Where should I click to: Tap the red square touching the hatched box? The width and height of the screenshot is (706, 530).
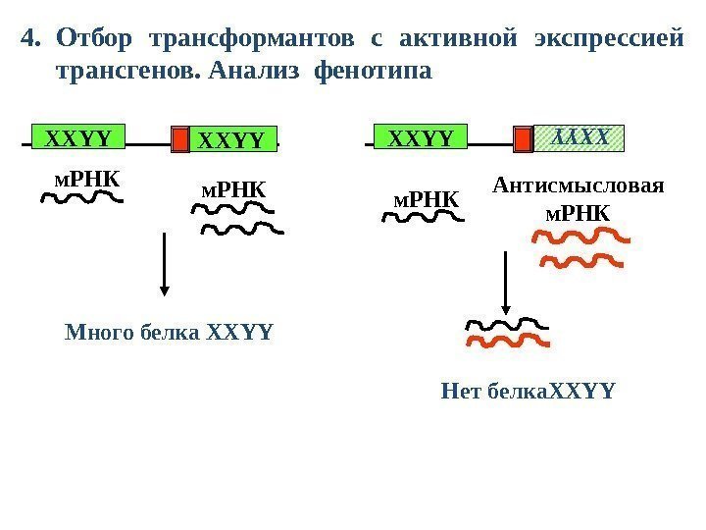[525, 139]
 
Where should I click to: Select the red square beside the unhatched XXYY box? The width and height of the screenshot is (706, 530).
[179, 139]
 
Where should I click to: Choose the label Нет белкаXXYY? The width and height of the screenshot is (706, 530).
[529, 393]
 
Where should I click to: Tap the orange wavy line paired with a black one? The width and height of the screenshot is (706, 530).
[507, 342]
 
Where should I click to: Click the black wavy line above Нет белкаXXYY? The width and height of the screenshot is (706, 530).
[506, 323]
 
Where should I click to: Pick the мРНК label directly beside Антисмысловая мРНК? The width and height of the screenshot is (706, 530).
[426, 200]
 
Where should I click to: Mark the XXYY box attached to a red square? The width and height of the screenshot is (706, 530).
[232, 139]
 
